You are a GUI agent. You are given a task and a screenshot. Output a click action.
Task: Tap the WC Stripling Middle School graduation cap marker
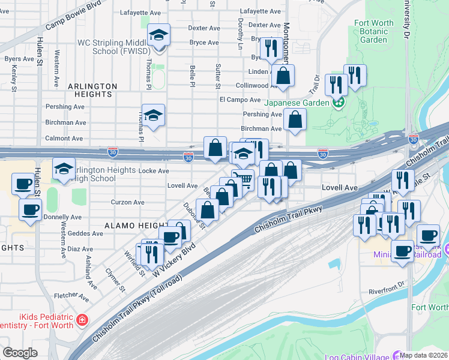158,35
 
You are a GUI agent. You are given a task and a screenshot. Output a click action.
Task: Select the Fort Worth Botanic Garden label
374,31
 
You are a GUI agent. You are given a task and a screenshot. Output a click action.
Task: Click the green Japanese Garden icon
339,102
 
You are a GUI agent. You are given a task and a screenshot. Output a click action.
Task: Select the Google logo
20,353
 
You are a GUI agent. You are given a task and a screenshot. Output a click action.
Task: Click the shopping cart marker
243,179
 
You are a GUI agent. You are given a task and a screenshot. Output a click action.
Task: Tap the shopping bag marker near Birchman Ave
294,119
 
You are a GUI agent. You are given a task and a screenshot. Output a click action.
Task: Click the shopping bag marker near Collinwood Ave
283,76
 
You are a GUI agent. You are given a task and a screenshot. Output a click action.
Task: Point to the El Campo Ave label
240,100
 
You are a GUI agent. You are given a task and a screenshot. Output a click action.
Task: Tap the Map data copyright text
424,355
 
